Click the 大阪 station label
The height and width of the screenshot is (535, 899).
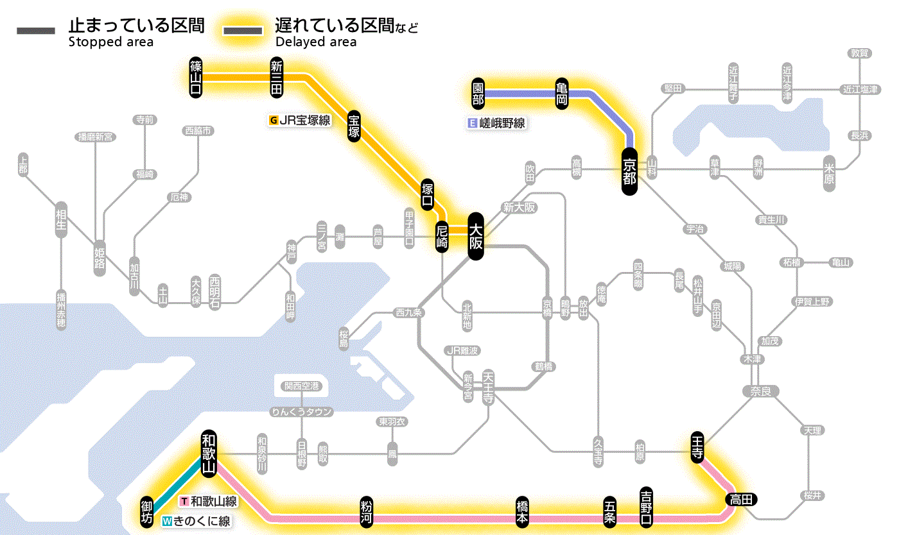coord(475,236)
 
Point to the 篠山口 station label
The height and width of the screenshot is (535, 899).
coord(196,77)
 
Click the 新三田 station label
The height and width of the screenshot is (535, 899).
coord(277,77)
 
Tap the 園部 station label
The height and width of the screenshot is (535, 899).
coord(478,94)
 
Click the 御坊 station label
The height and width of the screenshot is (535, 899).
coord(147,511)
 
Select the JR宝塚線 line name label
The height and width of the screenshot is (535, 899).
coord(304,120)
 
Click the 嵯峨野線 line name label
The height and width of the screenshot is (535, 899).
coord(502,123)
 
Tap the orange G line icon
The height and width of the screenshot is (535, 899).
coord(274,120)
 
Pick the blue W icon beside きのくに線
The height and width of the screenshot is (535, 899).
coord(167,521)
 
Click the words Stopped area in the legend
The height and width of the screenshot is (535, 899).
coord(111,42)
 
